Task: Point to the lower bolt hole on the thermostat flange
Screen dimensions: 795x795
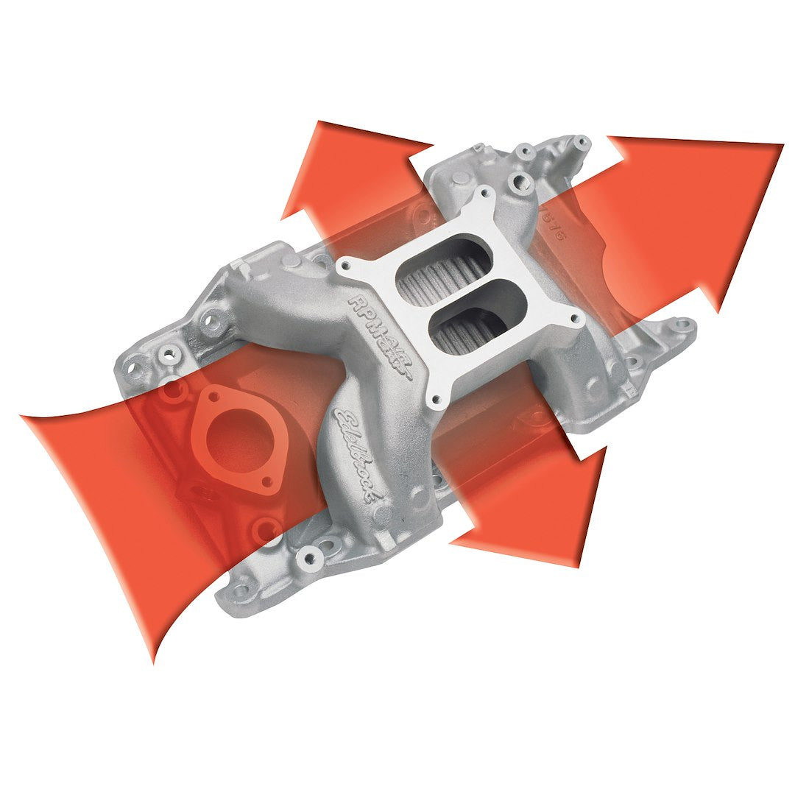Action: point(267,482)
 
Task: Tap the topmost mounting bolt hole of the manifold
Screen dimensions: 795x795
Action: point(582,141)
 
